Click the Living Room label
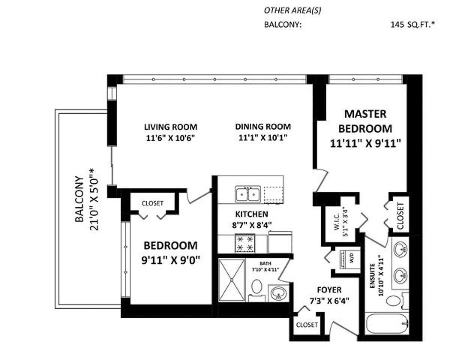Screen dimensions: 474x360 pyautogui.click(x=170, y=127)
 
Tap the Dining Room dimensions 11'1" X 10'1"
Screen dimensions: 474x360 pyautogui.click(x=262, y=138)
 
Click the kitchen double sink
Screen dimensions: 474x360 pyautogui.click(x=247, y=194)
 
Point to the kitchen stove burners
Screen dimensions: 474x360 pyautogui.click(x=244, y=243)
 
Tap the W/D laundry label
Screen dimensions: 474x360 pyautogui.click(x=351, y=259)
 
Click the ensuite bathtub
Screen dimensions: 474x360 pyautogui.click(x=386, y=324)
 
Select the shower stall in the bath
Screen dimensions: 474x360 pyautogui.click(x=231, y=280)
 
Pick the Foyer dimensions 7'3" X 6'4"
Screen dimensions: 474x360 pyautogui.click(x=329, y=301)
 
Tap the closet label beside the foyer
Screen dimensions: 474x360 pyautogui.click(x=306, y=325)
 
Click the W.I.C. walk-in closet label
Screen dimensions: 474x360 pyautogui.click(x=337, y=221)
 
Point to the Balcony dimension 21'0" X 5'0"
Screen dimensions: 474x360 pyautogui.click(x=94, y=199)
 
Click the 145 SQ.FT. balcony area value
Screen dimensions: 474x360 pyautogui.click(x=412, y=25)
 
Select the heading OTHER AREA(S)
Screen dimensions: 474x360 pyautogui.click(x=292, y=10)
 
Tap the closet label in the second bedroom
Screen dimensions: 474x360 pyautogui.click(x=152, y=203)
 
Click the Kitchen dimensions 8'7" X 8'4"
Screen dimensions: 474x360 pyautogui.click(x=251, y=225)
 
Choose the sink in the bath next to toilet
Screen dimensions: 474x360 pyautogui.click(x=278, y=294)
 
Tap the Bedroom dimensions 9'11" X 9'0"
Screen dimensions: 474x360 pyautogui.click(x=170, y=260)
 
